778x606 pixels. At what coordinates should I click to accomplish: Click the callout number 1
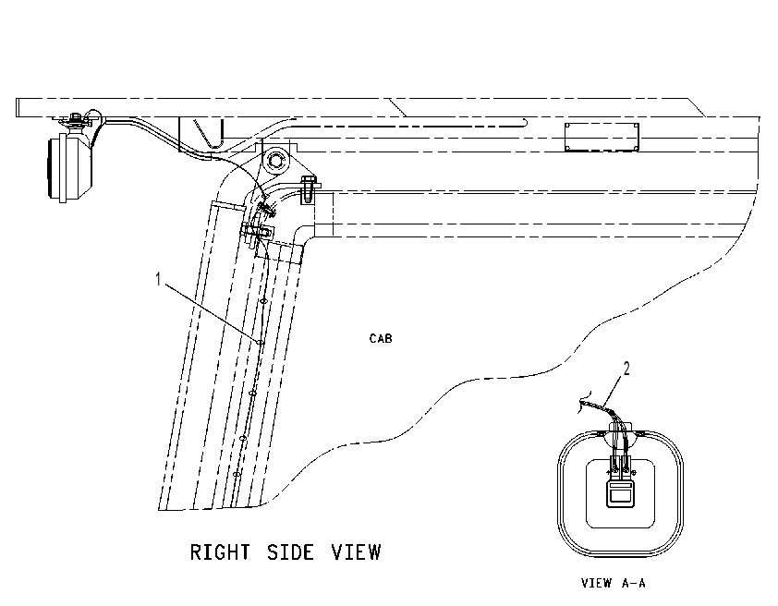pos(158,279)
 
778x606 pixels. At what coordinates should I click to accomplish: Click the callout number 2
pos(626,369)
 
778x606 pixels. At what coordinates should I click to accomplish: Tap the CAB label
pos(381,338)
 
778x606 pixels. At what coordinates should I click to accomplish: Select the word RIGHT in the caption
pos(220,552)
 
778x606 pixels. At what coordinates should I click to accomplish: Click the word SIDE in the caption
pos(290,552)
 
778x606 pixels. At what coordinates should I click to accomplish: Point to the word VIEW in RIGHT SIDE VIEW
pos(357,552)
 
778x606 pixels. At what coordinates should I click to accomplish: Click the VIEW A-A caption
pos(614,583)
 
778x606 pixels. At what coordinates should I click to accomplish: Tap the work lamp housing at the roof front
pos(69,166)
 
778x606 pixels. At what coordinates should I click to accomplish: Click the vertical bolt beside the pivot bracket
pos(308,190)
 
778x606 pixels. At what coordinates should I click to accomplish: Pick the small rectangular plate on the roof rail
pos(602,137)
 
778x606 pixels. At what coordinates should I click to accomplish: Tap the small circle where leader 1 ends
pos(260,342)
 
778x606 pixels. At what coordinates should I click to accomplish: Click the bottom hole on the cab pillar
pos(237,475)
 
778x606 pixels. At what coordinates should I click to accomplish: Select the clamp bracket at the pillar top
pos(258,232)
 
